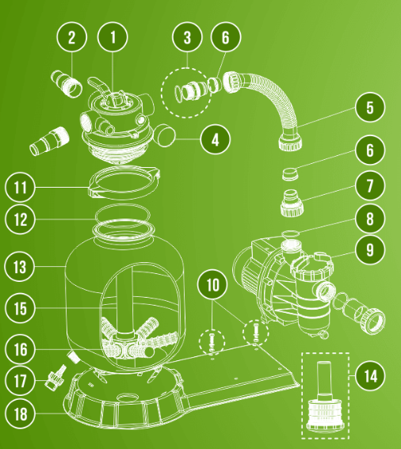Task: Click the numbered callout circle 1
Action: [113, 37]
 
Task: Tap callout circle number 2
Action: [71, 37]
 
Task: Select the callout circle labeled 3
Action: [187, 37]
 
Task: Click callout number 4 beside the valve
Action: [215, 139]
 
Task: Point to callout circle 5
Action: [370, 107]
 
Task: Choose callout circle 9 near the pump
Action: [370, 249]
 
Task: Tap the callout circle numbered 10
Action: [212, 284]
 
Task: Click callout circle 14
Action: [370, 375]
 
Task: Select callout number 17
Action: [20, 381]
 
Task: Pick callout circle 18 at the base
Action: [20, 413]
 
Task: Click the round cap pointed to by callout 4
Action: [165, 135]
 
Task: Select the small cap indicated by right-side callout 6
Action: [289, 174]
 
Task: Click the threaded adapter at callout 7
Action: [292, 203]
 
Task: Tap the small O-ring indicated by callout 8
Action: [290, 234]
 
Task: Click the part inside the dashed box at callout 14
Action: [325, 401]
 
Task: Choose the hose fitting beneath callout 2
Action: [67, 85]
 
